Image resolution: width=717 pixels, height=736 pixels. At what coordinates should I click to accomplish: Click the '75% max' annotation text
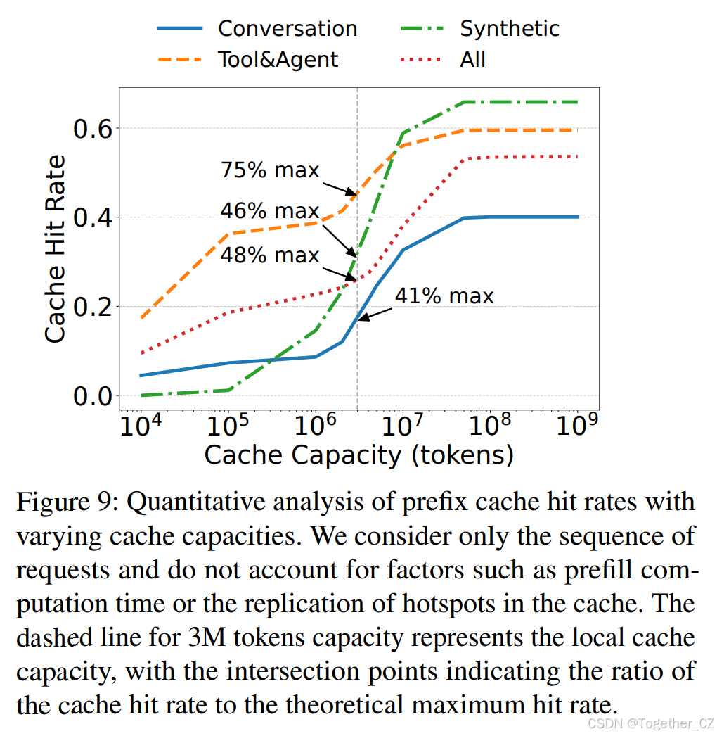(270, 170)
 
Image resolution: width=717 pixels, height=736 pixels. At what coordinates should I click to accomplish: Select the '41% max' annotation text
(444, 296)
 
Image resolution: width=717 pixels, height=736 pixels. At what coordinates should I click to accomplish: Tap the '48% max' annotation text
(270, 255)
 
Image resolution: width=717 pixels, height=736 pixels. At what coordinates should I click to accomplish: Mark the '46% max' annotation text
(270, 211)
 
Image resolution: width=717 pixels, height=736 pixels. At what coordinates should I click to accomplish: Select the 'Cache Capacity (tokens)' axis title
(358, 456)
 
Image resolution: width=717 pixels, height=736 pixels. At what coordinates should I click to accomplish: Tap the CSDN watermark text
(650, 723)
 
